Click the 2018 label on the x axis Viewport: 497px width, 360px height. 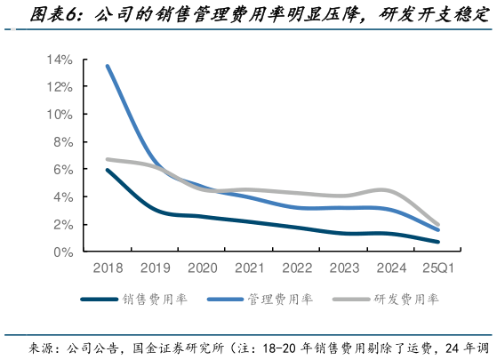[107, 268]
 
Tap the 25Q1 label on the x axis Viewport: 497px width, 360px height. [437, 268]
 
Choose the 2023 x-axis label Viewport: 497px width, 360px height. [342, 268]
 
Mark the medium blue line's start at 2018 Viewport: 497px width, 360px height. [108, 66]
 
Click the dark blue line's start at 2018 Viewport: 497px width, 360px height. [108, 170]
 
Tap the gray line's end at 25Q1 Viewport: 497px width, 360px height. [437, 225]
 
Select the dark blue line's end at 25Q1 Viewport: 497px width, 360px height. [437, 242]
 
